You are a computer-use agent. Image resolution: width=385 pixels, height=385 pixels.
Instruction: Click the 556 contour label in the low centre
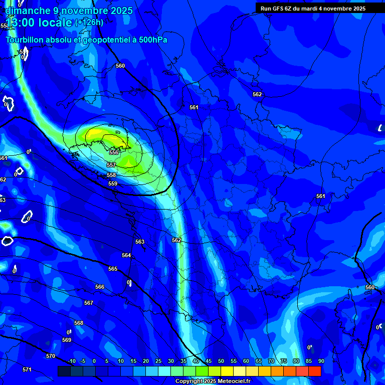pos(114,152)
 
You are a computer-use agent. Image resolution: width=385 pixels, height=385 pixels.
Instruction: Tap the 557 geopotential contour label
pos(111,165)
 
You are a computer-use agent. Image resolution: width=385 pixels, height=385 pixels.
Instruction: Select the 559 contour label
pos(113,184)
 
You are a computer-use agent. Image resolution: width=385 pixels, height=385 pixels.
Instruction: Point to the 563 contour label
pos(140,242)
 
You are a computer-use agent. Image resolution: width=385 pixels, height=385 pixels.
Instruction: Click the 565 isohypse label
pos(113,269)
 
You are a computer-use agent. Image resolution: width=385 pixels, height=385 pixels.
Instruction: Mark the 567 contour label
pos(89,303)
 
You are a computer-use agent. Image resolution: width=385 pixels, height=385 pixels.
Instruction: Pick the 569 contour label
pos(67,340)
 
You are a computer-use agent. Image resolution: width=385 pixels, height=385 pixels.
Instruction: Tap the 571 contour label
pos(27,370)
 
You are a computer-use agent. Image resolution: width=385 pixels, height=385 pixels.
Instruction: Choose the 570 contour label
pos(51,356)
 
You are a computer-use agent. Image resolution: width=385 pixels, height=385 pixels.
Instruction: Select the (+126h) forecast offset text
pos(89,23)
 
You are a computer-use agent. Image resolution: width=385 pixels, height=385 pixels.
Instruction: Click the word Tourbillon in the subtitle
pos(25,40)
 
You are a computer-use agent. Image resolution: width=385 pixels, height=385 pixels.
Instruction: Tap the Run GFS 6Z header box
pos(313,9)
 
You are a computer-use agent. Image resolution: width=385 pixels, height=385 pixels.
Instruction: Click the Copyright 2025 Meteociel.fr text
pos(213,381)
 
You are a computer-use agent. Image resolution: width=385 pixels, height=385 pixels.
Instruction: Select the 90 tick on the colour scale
pos(321,361)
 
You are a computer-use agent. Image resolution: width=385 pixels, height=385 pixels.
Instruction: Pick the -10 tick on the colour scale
pos(71,361)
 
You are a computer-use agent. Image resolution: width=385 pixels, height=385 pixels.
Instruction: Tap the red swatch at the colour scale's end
pos(314,371)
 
